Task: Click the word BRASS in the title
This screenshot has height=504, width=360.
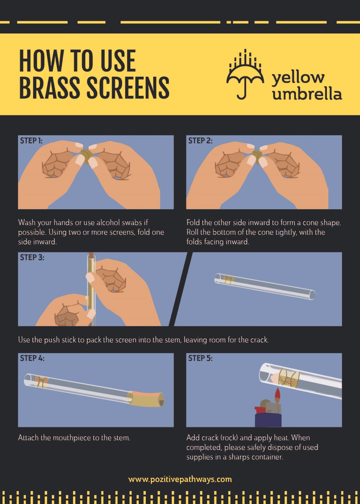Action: click(50, 87)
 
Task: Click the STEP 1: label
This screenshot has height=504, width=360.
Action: click(31, 141)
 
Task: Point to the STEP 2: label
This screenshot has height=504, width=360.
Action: click(200, 141)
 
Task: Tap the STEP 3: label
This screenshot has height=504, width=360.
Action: click(32, 257)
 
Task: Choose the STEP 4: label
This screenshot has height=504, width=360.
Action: click(32, 358)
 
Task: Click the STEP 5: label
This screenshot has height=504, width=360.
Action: click(200, 358)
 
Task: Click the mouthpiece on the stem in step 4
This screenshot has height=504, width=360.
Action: click(146, 400)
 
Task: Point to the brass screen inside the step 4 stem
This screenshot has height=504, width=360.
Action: click(41, 382)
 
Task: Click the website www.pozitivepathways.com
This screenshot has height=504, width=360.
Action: click(180, 479)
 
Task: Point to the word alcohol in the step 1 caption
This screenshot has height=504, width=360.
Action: click(108, 222)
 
